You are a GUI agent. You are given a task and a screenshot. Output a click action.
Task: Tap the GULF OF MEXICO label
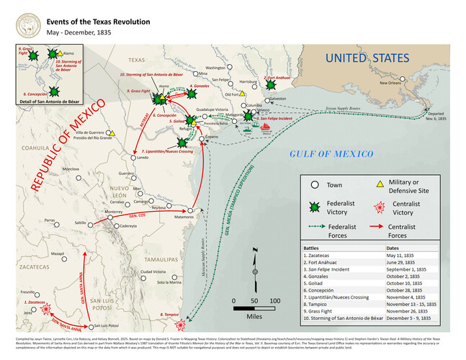click(x=331, y=154)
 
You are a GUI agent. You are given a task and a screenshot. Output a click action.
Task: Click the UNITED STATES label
click(x=367, y=58)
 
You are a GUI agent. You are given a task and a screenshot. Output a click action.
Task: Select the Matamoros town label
click(x=185, y=216)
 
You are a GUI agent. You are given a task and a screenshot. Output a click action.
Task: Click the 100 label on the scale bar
click(x=274, y=300)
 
